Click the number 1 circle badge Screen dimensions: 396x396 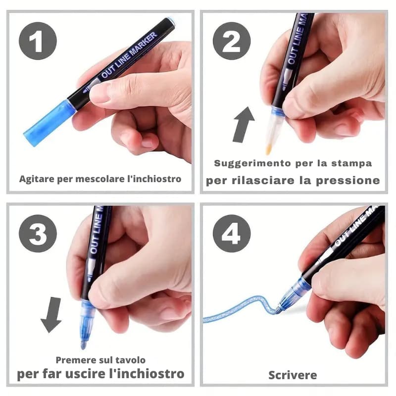coord(38,41)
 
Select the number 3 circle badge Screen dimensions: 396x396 coord(38,233)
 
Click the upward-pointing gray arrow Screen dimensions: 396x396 coord(243,125)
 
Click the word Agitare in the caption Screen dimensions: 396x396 coord(35,179)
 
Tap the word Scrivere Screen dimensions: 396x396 coord(293,375)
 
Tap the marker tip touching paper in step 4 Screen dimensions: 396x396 coord(279,310)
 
